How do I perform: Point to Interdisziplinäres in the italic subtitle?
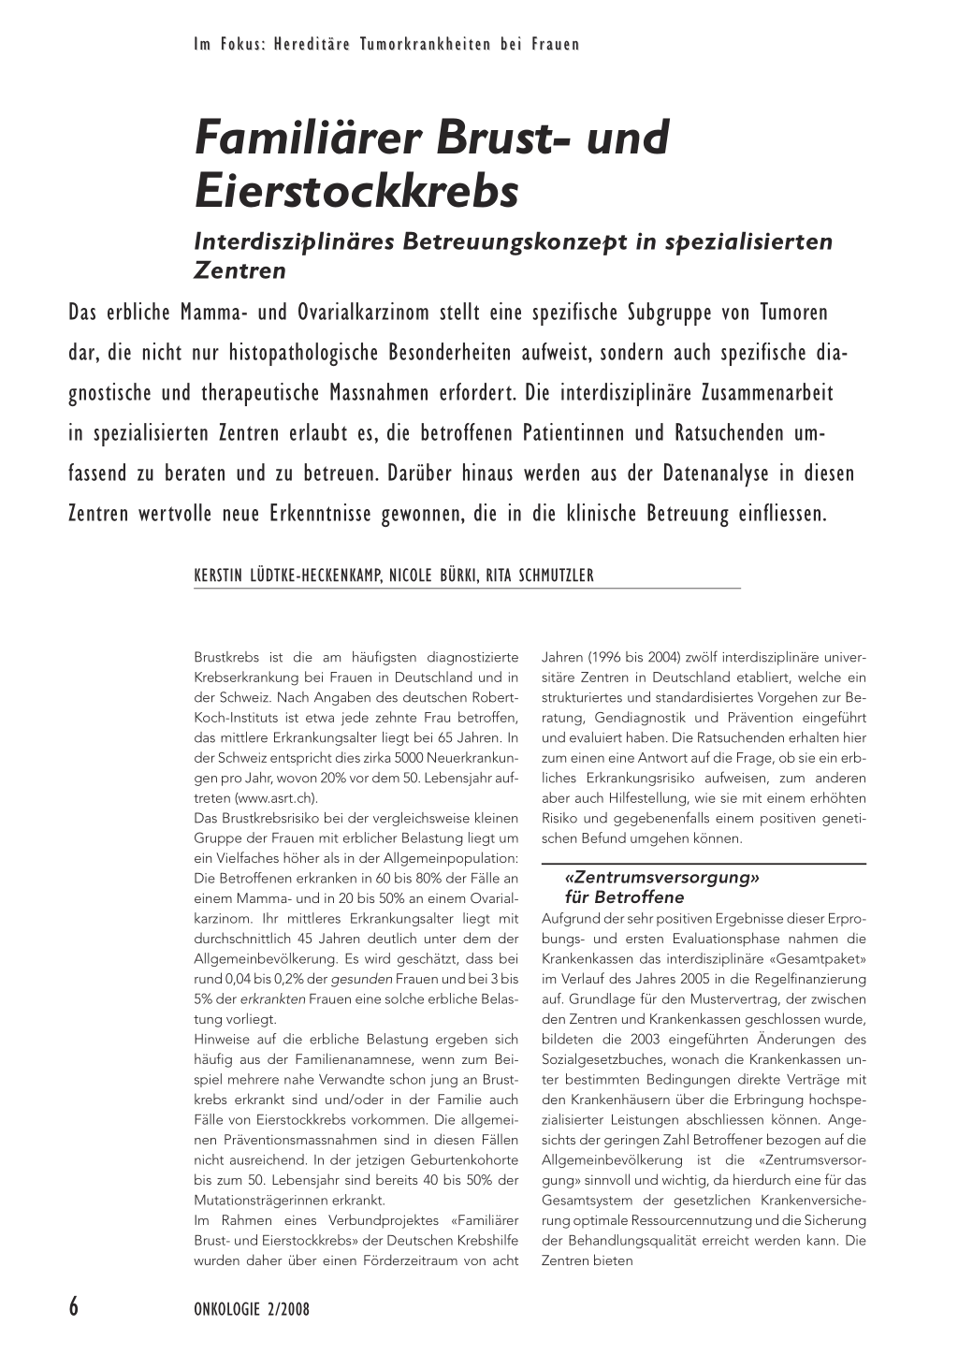click(294, 240)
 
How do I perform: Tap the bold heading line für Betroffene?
click(625, 897)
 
